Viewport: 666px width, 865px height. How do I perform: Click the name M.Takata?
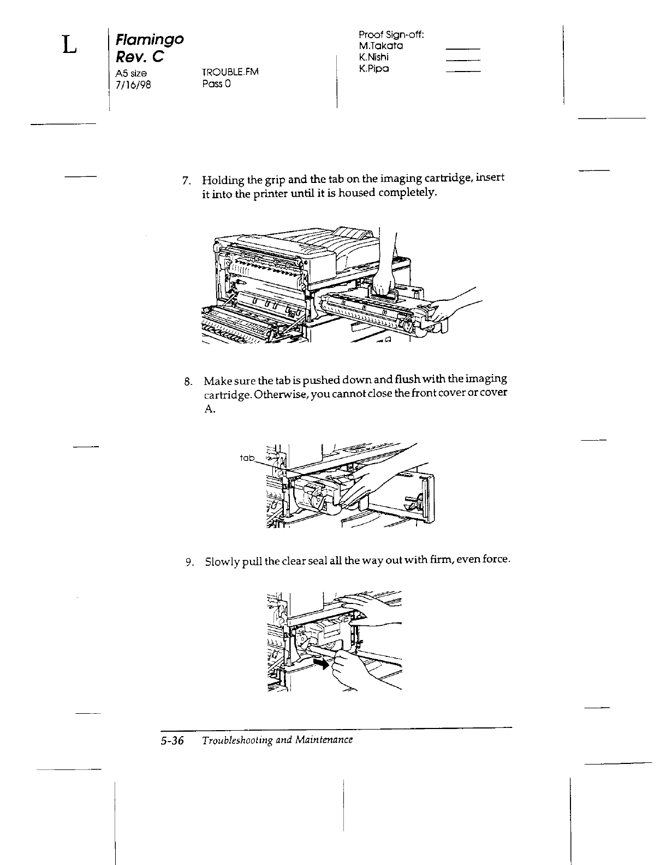coord(381,46)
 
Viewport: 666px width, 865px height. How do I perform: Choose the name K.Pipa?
coord(374,69)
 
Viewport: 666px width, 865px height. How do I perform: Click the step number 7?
coord(186,180)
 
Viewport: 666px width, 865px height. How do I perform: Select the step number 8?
coord(187,381)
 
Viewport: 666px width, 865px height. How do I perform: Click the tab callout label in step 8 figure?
coord(247,458)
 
